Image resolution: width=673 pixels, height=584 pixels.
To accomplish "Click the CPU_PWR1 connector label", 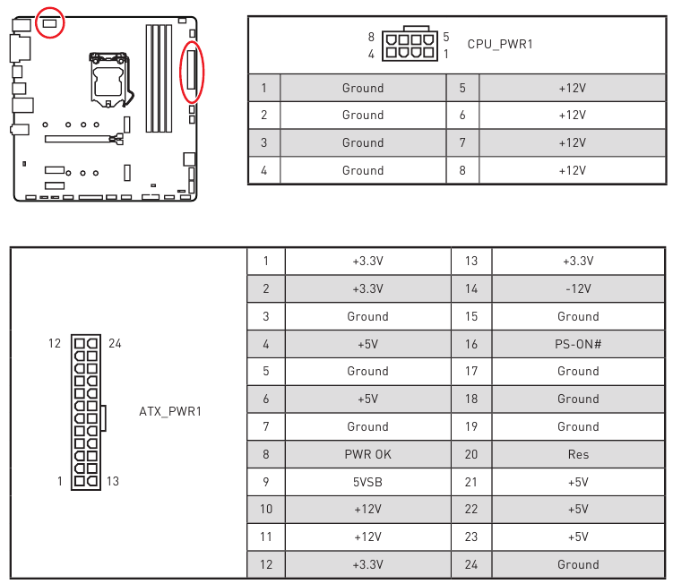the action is (500, 44).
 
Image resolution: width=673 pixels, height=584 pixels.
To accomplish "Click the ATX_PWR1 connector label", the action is (170, 411).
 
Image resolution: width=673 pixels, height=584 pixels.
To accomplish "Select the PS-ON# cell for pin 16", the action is (578, 344).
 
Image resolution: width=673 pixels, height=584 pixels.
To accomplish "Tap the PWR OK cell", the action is (367, 454).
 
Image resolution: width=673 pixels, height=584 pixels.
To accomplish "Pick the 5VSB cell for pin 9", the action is (367, 482).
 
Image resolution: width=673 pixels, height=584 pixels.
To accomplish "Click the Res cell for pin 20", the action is (578, 454).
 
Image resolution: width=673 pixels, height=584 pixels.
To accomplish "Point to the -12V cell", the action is (578, 288).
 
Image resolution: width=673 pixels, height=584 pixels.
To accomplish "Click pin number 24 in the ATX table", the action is (471, 564).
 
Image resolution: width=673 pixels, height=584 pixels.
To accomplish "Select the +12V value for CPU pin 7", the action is (572, 143).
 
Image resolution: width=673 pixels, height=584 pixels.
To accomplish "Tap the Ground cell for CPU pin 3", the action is (363, 143).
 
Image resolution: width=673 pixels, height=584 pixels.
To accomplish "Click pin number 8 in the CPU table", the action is (462, 170).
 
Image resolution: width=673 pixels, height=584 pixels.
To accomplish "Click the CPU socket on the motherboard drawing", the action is (109, 80).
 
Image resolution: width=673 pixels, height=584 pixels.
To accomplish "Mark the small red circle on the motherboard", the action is (50, 22).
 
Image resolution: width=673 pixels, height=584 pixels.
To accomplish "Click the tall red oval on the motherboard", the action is (192, 72).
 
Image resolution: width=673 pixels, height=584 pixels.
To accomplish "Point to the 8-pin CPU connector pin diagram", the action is (410, 45).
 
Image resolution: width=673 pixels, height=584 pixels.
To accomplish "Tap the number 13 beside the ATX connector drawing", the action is (113, 482).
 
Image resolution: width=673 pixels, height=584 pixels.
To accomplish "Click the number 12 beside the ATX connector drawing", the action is (55, 344).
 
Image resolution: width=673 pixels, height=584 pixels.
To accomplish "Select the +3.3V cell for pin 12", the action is (367, 564).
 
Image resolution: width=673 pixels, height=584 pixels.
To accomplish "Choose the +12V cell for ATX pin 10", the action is (367, 510).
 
